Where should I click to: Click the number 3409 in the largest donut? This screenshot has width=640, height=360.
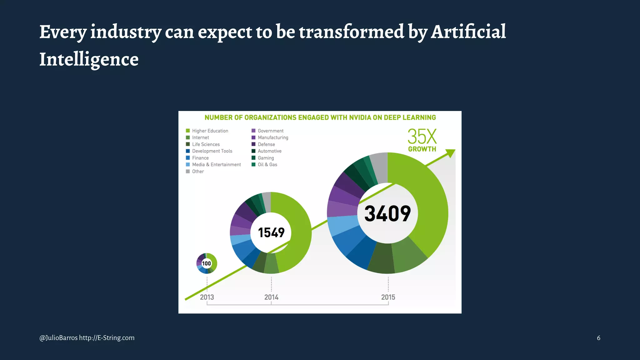387,213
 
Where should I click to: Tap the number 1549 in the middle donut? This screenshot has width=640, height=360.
271,232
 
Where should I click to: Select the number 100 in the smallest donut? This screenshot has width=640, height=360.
207,263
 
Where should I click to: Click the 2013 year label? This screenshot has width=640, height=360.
207,297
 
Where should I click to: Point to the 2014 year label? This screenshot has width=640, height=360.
271,297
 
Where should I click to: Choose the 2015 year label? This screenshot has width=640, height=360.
388,297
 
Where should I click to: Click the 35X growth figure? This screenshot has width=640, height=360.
422,137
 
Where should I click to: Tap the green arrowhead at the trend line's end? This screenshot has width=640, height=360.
451,153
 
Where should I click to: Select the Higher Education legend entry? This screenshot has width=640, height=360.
210,131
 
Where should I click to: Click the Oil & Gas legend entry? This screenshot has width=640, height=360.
267,165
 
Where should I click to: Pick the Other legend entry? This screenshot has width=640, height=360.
198,172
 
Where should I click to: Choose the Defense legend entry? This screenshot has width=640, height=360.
266,144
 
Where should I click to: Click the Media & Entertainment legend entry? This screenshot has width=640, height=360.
216,165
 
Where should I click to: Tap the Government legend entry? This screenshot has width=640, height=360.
270,131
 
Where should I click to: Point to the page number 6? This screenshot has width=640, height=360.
598,338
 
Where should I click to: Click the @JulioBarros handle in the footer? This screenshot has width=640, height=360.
58,338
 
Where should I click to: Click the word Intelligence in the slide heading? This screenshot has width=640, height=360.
89,59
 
